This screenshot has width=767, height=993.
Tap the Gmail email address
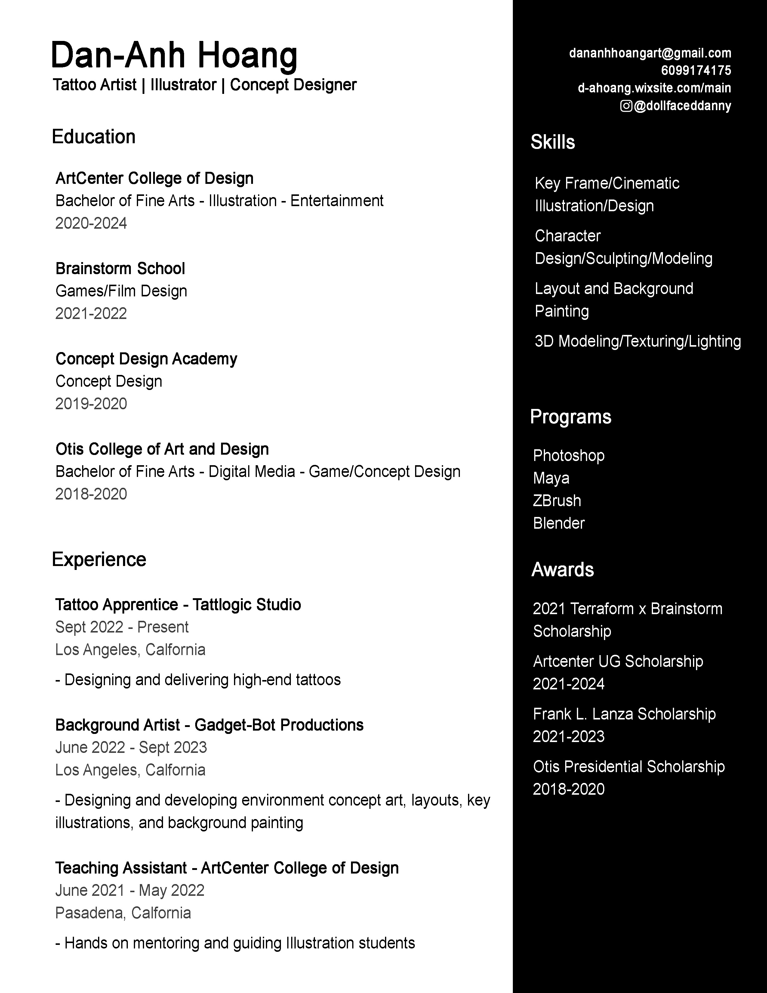point(650,53)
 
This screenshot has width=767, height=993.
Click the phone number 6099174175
point(696,70)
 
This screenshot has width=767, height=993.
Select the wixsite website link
point(654,88)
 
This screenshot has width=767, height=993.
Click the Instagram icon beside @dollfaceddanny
point(626,106)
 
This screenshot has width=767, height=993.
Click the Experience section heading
point(99,559)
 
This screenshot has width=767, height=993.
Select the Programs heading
point(570,416)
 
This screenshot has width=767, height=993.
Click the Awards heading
point(562,569)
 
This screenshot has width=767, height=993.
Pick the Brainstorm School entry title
point(120,269)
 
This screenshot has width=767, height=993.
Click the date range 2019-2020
point(91,404)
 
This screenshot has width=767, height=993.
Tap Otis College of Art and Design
point(162,449)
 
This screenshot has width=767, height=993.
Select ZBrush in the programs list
point(557,501)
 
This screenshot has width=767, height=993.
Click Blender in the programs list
point(559,523)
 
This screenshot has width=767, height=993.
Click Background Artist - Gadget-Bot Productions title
point(209,725)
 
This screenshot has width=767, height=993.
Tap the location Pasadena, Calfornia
point(123,913)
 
